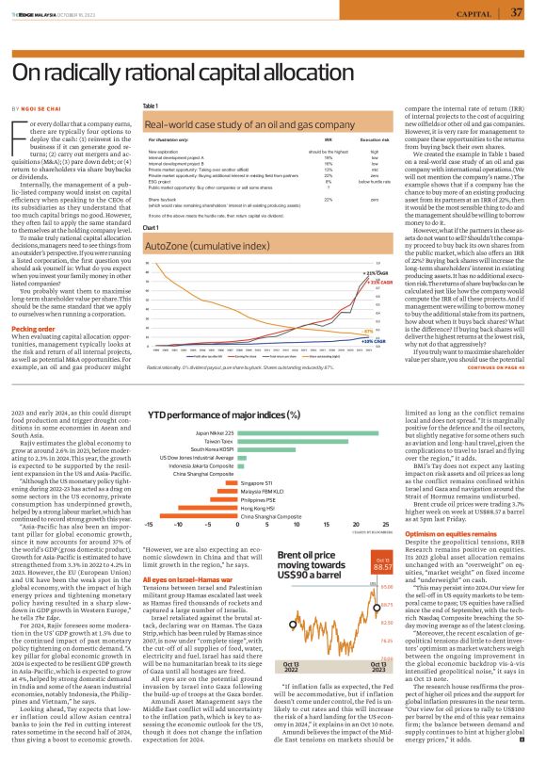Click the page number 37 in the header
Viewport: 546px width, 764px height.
[x=517, y=12]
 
